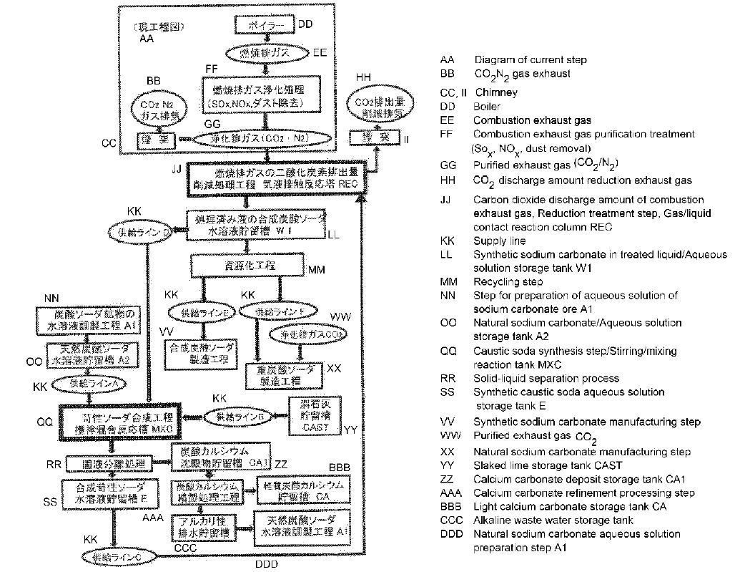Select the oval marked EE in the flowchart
pyautogui.click(x=267, y=53)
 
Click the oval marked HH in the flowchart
pyautogui.click(x=378, y=107)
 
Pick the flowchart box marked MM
pyautogui.click(x=247, y=266)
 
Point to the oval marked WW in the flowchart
pyautogui.click(x=300, y=334)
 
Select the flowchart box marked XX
pyautogui.click(x=282, y=374)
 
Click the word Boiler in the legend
pyautogui.click(x=487, y=107)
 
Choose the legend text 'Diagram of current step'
pyautogui.click(x=531, y=60)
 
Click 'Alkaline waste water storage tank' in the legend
pyautogui.click(x=553, y=520)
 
